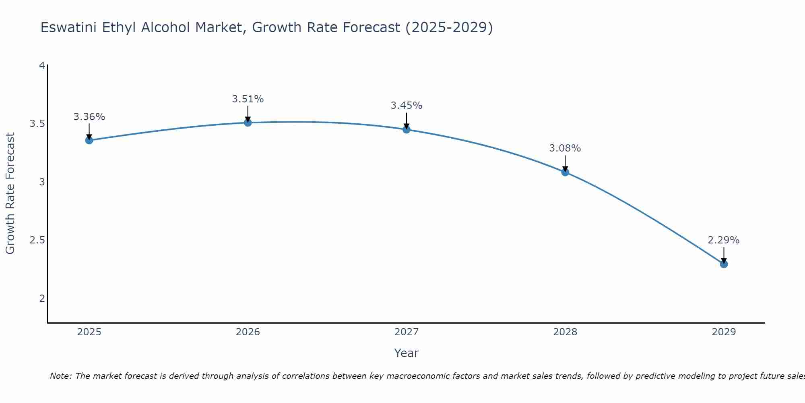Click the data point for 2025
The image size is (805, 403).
click(89, 140)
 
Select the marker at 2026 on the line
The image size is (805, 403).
click(248, 123)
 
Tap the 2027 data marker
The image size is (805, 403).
click(407, 129)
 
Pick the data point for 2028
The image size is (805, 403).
click(565, 172)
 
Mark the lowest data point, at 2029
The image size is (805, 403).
click(724, 264)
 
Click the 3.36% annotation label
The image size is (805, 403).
click(89, 117)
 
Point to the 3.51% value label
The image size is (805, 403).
click(248, 99)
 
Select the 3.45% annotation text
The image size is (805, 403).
click(407, 106)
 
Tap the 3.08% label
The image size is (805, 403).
click(565, 148)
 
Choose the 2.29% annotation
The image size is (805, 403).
click(724, 240)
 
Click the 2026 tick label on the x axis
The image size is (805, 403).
click(248, 332)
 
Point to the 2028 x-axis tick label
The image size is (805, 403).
click(565, 332)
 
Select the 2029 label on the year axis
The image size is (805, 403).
click(724, 332)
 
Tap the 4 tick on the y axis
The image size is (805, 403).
click(41, 65)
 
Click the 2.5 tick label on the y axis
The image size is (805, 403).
click(37, 241)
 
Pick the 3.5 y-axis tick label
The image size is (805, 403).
click(37, 124)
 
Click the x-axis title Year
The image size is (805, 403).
click(407, 353)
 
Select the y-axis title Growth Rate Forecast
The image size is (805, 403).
click(10, 193)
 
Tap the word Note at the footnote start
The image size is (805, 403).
click(60, 376)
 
